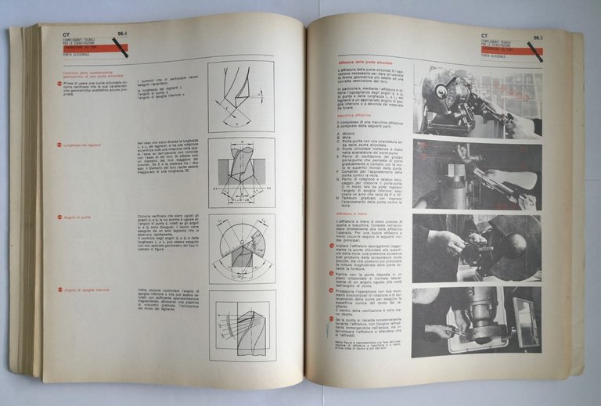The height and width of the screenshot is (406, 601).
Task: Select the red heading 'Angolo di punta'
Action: [x=77, y=217]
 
